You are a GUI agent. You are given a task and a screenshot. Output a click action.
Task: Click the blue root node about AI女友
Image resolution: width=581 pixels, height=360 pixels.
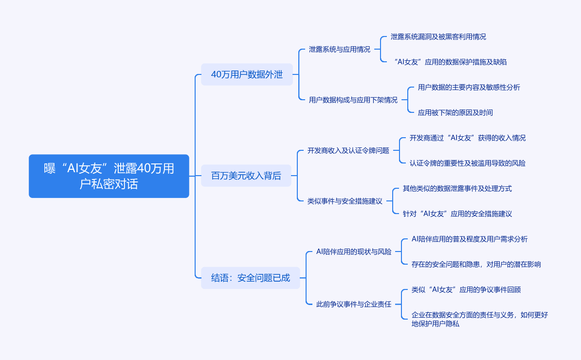[x=109, y=176]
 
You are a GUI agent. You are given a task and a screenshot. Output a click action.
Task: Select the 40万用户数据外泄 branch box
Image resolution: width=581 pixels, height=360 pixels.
[x=247, y=74]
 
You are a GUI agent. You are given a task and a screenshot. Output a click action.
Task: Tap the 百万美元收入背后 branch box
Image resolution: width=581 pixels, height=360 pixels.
[x=246, y=176]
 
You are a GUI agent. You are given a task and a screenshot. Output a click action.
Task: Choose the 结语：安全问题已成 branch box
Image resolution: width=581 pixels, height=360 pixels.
[x=250, y=278]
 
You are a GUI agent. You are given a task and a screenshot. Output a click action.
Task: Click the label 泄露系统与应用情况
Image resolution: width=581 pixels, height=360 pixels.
[x=339, y=49]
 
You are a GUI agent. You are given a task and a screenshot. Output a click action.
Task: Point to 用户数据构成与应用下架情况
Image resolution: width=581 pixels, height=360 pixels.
[x=353, y=100]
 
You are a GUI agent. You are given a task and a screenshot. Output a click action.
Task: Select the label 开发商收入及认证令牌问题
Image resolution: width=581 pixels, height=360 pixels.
[x=348, y=150]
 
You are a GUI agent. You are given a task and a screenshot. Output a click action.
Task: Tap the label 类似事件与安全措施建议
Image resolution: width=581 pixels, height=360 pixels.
[x=345, y=201]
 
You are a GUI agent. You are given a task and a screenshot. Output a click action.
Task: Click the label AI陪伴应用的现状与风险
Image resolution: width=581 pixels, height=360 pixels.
[x=354, y=252]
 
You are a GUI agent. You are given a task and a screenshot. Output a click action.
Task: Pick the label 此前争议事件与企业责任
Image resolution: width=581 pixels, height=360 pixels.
[x=354, y=304]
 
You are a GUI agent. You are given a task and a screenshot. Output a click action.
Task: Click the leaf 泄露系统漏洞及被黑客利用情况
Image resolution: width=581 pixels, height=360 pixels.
[x=438, y=36]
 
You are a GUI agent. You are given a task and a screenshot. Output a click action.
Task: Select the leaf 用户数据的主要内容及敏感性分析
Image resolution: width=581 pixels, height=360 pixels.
[x=469, y=87]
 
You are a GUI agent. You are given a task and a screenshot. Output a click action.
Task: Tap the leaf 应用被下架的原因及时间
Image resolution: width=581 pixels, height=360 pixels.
[x=455, y=112]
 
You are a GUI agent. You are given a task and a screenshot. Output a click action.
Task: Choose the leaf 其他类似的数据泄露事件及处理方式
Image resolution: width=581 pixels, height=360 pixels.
[x=457, y=188]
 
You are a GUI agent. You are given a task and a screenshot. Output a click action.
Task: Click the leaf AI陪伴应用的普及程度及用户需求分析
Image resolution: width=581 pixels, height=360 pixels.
[x=469, y=239]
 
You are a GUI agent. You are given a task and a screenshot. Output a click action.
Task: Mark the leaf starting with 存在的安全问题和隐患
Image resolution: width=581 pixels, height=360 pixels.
[x=476, y=264]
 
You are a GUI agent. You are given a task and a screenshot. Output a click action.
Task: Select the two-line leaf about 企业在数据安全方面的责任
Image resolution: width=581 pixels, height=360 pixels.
[x=479, y=319]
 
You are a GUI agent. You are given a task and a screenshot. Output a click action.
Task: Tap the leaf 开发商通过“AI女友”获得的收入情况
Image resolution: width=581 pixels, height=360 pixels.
[x=467, y=138]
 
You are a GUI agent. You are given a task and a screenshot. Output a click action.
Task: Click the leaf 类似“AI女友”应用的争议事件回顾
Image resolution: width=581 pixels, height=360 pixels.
[x=466, y=289]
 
